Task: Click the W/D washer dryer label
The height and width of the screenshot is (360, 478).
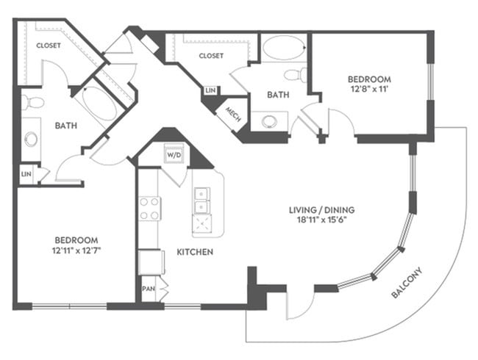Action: [x=174, y=155]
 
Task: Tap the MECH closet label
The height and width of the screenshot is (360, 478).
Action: [x=233, y=115]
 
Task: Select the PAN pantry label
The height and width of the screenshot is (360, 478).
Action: [x=148, y=288]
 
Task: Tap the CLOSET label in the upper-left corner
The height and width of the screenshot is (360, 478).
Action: [x=49, y=45]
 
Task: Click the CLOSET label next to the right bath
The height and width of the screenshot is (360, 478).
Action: [x=210, y=55]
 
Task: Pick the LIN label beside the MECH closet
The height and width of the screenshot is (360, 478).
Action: [x=211, y=90]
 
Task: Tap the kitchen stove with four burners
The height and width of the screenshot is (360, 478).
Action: [x=149, y=208]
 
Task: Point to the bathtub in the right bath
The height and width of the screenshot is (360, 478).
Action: [x=283, y=49]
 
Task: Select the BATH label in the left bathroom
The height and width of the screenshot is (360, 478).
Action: [x=66, y=126]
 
